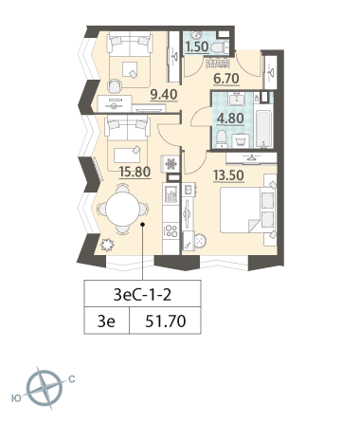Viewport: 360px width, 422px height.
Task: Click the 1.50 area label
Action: pyautogui.click(x=197, y=46)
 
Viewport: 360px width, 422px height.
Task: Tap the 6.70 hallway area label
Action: pyautogui.click(x=226, y=79)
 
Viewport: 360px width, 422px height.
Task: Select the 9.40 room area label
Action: pyautogui.click(x=164, y=94)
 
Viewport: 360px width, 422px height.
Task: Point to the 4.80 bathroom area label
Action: pyautogui.click(x=230, y=119)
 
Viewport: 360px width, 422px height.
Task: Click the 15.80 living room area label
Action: pyautogui.click(x=135, y=172)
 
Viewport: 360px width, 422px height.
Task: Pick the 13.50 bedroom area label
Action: pyautogui.click(x=228, y=174)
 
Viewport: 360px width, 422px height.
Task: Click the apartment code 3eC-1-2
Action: pyautogui.click(x=142, y=295)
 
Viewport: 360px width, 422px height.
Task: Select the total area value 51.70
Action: pyautogui.click(x=166, y=321)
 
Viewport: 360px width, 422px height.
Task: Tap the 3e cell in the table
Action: pyautogui.click(x=106, y=321)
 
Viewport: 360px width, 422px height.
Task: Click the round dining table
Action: pyautogui.click(x=122, y=209)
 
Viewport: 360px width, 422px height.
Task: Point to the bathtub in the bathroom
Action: pyautogui.click(x=263, y=129)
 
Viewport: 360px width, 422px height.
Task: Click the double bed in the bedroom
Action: pyautogui.click(x=247, y=210)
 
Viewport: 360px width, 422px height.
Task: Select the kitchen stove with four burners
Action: pyautogui.click(x=171, y=230)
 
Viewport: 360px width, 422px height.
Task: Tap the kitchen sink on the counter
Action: pyautogui.click(x=171, y=193)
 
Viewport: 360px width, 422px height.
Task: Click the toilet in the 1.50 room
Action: pyautogui.click(x=220, y=47)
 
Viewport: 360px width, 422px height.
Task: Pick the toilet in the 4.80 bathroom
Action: pyautogui.click(x=222, y=139)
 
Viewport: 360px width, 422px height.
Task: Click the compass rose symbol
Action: pyautogui.click(x=44, y=387)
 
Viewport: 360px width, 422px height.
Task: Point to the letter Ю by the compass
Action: pyautogui.click(x=16, y=398)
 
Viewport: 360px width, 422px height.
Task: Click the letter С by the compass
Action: pyautogui.click(x=72, y=378)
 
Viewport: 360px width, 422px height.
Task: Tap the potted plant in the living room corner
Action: pyautogui.click(x=107, y=245)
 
